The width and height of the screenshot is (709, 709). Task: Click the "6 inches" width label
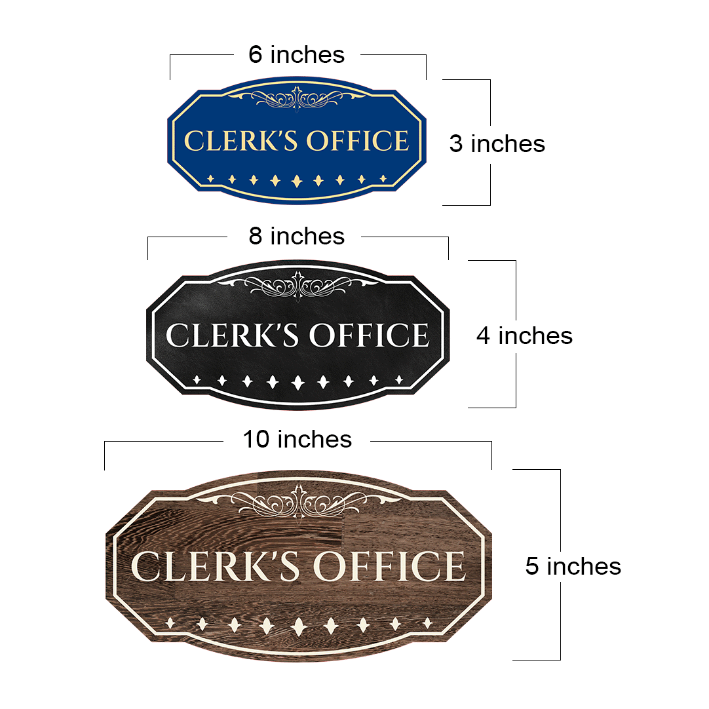tap(296, 54)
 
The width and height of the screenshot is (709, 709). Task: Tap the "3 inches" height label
tap(497, 144)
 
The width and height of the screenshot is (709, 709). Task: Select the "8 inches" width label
tap(297, 236)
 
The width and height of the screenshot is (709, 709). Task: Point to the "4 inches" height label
tap(524, 336)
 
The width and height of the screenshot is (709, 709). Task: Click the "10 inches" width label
tap(297, 439)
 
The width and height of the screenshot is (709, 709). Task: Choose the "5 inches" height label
tap(573, 566)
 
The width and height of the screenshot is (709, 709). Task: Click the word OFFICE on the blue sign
tap(358, 141)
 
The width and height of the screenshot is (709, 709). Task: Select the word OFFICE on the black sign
tap(369, 335)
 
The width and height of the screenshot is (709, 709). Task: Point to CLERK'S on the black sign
tap(233, 335)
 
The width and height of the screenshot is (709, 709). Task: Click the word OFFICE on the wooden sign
tap(389, 566)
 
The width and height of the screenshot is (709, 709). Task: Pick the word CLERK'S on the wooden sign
tap(215, 566)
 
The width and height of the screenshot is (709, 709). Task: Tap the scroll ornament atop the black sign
tap(297, 285)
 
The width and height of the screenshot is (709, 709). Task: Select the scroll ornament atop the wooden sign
tap(297, 501)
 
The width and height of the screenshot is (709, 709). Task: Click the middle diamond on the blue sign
tap(297, 181)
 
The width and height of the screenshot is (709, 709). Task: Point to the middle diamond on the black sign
tap(297, 383)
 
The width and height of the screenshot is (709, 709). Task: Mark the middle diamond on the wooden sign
tap(298, 626)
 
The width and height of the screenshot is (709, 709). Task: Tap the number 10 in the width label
tap(256, 439)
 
